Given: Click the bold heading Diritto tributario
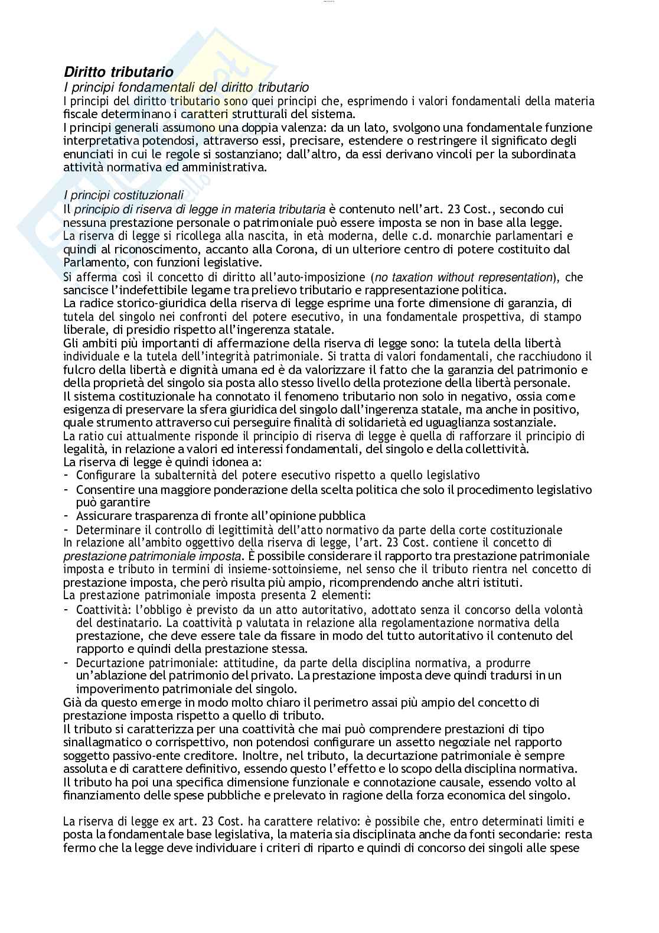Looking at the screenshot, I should click(118, 72).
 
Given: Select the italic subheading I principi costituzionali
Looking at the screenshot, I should click(123, 196).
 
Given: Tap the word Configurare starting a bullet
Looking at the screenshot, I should click(105, 475).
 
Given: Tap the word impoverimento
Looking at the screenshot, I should click(113, 689).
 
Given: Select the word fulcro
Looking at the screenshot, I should click(78, 370).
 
